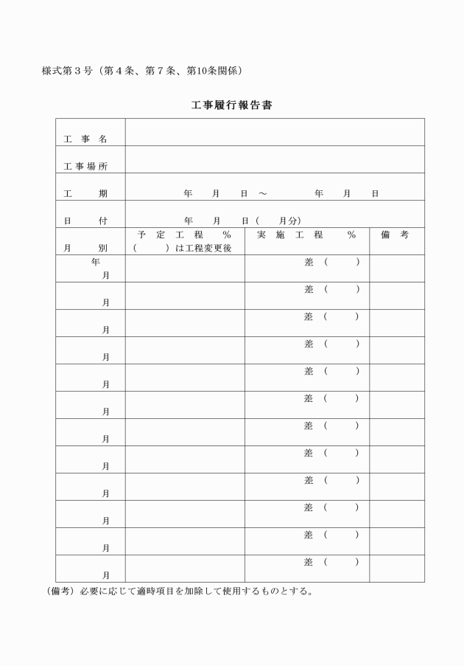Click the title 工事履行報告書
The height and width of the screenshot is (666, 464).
click(x=232, y=105)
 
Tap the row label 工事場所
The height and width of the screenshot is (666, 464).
click(x=85, y=167)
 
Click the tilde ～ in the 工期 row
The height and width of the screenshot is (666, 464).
click(x=263, y=194)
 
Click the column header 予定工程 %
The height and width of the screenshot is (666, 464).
click(x=184, y=235)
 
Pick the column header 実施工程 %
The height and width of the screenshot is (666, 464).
click(x=306, y=235)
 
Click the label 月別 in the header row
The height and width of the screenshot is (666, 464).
click(x=85, y=249)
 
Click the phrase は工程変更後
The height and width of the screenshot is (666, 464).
click(x=204, y=249)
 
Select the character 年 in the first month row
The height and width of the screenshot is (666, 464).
click(x=96, y=262)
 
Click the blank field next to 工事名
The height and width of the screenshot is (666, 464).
click(x=274, y=132)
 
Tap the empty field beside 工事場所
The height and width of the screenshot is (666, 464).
click(x=274, y=159)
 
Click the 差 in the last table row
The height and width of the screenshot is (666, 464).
click(x=309, y=562)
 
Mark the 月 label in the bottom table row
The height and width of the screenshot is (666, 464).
click(x=106, y=575)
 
